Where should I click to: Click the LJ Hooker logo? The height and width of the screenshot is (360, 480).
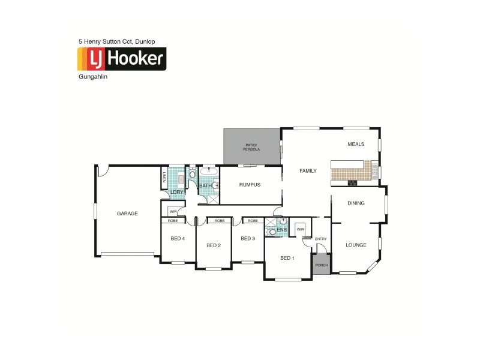coord(122,59)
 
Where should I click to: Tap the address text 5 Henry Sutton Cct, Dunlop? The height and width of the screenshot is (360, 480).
coord(117,41)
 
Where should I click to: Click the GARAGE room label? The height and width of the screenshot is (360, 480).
coord(127,214)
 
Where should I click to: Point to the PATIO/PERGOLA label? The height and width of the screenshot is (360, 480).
coord(252,147)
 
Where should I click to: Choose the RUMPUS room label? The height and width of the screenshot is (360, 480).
coord(250,185)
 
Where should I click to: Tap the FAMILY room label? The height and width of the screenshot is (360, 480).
coord(308,171)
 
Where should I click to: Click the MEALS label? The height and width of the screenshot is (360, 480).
coord(356,144)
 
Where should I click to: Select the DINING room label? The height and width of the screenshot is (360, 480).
coord(356,203)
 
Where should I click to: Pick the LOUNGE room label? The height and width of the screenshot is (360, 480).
coord(356,245)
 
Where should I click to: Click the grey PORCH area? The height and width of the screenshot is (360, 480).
coord(321,264)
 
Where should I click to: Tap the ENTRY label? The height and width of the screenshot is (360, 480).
coord(321,239)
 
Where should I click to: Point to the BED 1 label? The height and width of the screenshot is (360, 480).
coord(288,258)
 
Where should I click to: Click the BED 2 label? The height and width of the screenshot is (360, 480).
coord(214,245)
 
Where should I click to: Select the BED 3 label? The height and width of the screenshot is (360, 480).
coord(248,239)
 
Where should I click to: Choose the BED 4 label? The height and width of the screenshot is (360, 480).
coord(178,239)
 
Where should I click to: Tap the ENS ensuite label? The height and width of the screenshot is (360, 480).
coord(281,230)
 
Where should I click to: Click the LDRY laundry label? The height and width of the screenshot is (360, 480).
coord(176,192)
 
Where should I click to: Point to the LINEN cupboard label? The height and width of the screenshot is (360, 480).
coord(164,177)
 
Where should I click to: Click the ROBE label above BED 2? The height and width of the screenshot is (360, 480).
coord(219,221)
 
